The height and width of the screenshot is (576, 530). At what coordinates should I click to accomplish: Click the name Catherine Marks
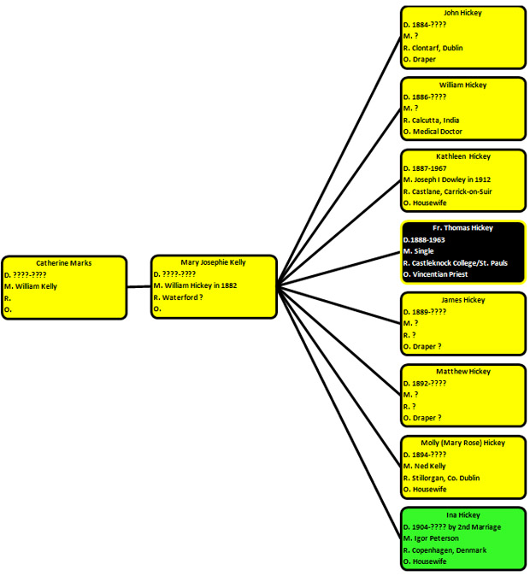pyautogui.click(x=63, y=263)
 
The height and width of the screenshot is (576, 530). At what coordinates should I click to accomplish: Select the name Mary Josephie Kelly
pyautogui.click(x=213, y=262)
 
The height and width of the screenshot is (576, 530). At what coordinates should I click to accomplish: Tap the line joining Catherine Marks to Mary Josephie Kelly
pyautogui.click(x=139, y=286)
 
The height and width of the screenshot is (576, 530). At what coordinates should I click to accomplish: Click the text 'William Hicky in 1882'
pyautogui.click(x=201, y=285)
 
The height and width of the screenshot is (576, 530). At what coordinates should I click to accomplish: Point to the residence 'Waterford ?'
pyautogui.click(x=182, y=297)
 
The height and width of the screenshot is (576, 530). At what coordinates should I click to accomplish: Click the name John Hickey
pyautogui.click(x=462, y=13)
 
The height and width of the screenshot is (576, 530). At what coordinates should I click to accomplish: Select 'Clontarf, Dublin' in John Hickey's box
pyautogui.click(x=438, y=48)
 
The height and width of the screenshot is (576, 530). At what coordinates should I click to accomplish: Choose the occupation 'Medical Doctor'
pyautogui.click(x=438, y=131)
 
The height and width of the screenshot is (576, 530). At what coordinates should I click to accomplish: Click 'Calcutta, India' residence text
pyautogui.click(x=436, y=120)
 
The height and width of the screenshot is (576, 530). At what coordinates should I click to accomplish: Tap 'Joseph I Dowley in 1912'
pyautogui.click(x=452, y=179)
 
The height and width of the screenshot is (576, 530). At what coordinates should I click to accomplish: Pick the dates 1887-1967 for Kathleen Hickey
pyautogui.click(x=429, y=168)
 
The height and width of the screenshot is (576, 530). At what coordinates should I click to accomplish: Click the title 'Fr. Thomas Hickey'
pyautogui.click(x=462, y=228)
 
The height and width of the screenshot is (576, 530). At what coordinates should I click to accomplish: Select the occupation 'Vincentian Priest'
pyautogui.click(x=440, y=274)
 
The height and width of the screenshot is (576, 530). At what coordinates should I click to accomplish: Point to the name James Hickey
pyautogui.click(x=463, y=300)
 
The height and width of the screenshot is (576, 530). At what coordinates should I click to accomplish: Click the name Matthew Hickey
pyautogui.click(x=463, y=372)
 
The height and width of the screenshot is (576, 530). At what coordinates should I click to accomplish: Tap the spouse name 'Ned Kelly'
pyautogui.click(x=430, y=466)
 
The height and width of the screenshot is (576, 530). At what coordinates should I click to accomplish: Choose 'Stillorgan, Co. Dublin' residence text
pyautogui.click(x=446, y=478)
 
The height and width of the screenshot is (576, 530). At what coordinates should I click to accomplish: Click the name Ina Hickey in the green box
pyautogui.click(x=463, y=514)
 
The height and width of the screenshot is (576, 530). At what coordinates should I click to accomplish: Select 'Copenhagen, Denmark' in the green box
pyautogui.click(x=449, y=550)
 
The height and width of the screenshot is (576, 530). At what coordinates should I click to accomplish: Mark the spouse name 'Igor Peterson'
pyautogui.click(x=437, y=538)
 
